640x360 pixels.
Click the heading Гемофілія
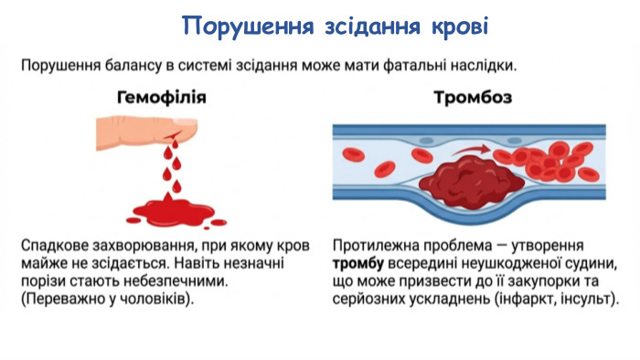(162, 98)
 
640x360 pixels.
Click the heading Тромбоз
(472, 98)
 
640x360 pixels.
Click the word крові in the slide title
(453, 26)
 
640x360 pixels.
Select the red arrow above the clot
(466, 146)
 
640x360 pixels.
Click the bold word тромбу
(359, 265)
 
